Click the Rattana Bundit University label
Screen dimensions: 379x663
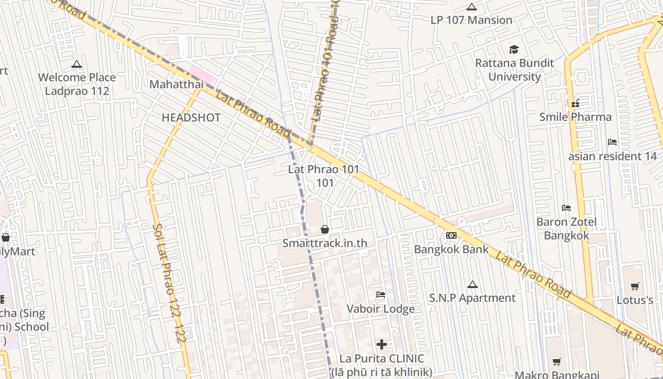[x=514, y=70]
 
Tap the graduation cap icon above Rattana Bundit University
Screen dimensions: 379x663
[x=514, y=49]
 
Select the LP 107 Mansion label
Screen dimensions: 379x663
[x=471, y=20]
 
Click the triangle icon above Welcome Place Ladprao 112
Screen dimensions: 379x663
[x=77, y=64]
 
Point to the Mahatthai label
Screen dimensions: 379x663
[x=176, y=84]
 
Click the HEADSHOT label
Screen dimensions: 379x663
[x=191, y=117]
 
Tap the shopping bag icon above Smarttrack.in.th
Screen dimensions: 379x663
[x=325, y=229]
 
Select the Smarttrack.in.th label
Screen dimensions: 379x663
[x=325, y=243]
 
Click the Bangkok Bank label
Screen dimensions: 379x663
[x=451, y=249]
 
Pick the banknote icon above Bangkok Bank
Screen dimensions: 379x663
[x=451, y=235]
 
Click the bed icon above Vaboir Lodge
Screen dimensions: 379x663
[x=380, y=295]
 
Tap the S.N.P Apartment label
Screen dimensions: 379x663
[x=472, y=298]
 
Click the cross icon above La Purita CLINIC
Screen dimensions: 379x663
[x=382, y=344]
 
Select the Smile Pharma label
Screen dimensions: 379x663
[x=575, y=117]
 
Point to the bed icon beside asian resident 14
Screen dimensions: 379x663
[x=612, y=142]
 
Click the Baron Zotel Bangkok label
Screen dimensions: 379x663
[x=566, y=228]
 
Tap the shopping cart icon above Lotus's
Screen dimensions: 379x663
[x=635, y=286]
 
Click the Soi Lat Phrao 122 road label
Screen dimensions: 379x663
[x=169, y=280]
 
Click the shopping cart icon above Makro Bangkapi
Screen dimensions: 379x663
[x=557, y=362]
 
